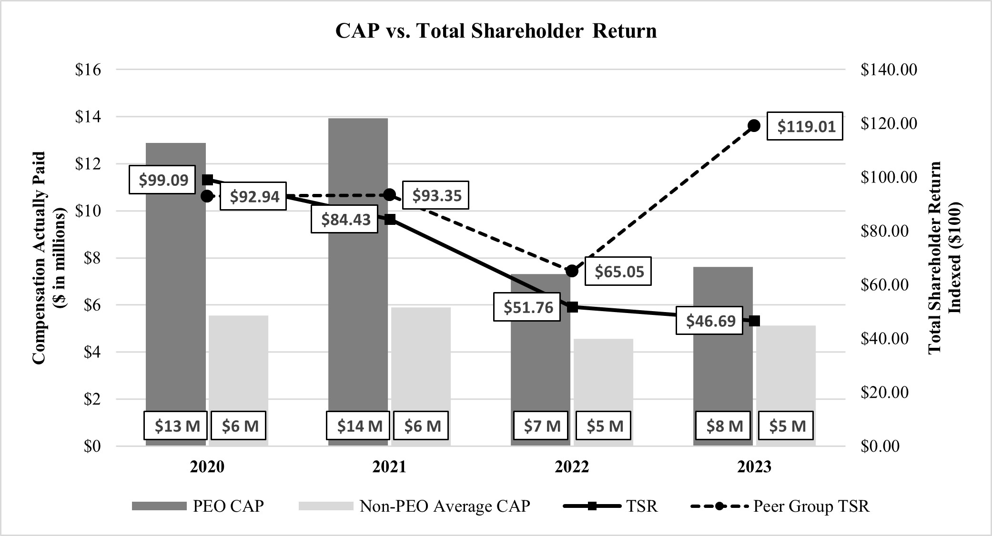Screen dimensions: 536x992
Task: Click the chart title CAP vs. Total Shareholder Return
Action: (x=496, y=31)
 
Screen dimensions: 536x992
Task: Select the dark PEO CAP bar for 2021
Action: (x=358, y=286)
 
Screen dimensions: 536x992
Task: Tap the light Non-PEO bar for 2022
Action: (x=603, y=376)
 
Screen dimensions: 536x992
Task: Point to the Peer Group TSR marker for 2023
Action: (x=754, y=126)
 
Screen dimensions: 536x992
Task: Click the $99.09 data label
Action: (x=163, y=180)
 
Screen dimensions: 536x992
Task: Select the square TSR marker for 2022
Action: (x=573, y=307)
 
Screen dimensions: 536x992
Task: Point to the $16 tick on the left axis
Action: (x=88, y=70)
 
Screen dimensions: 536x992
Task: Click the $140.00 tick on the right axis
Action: (x=889, y=70)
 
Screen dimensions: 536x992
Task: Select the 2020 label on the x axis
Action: (x=207, y=467)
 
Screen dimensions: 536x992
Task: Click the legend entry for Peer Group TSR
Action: (x=780, y=506)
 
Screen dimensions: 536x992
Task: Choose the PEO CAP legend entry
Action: (x=198, y=506)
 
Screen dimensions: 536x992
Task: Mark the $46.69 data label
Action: (x=710, y=321)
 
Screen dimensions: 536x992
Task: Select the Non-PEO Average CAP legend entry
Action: (x=415, y=506)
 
